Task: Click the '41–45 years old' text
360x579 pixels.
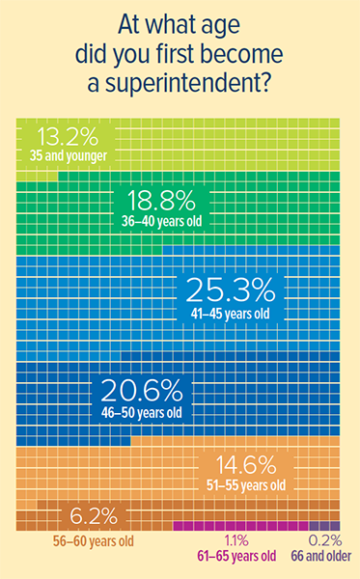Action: [232, 314]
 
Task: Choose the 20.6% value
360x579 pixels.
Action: [143, 391]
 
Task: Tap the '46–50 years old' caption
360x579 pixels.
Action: [143, 413]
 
